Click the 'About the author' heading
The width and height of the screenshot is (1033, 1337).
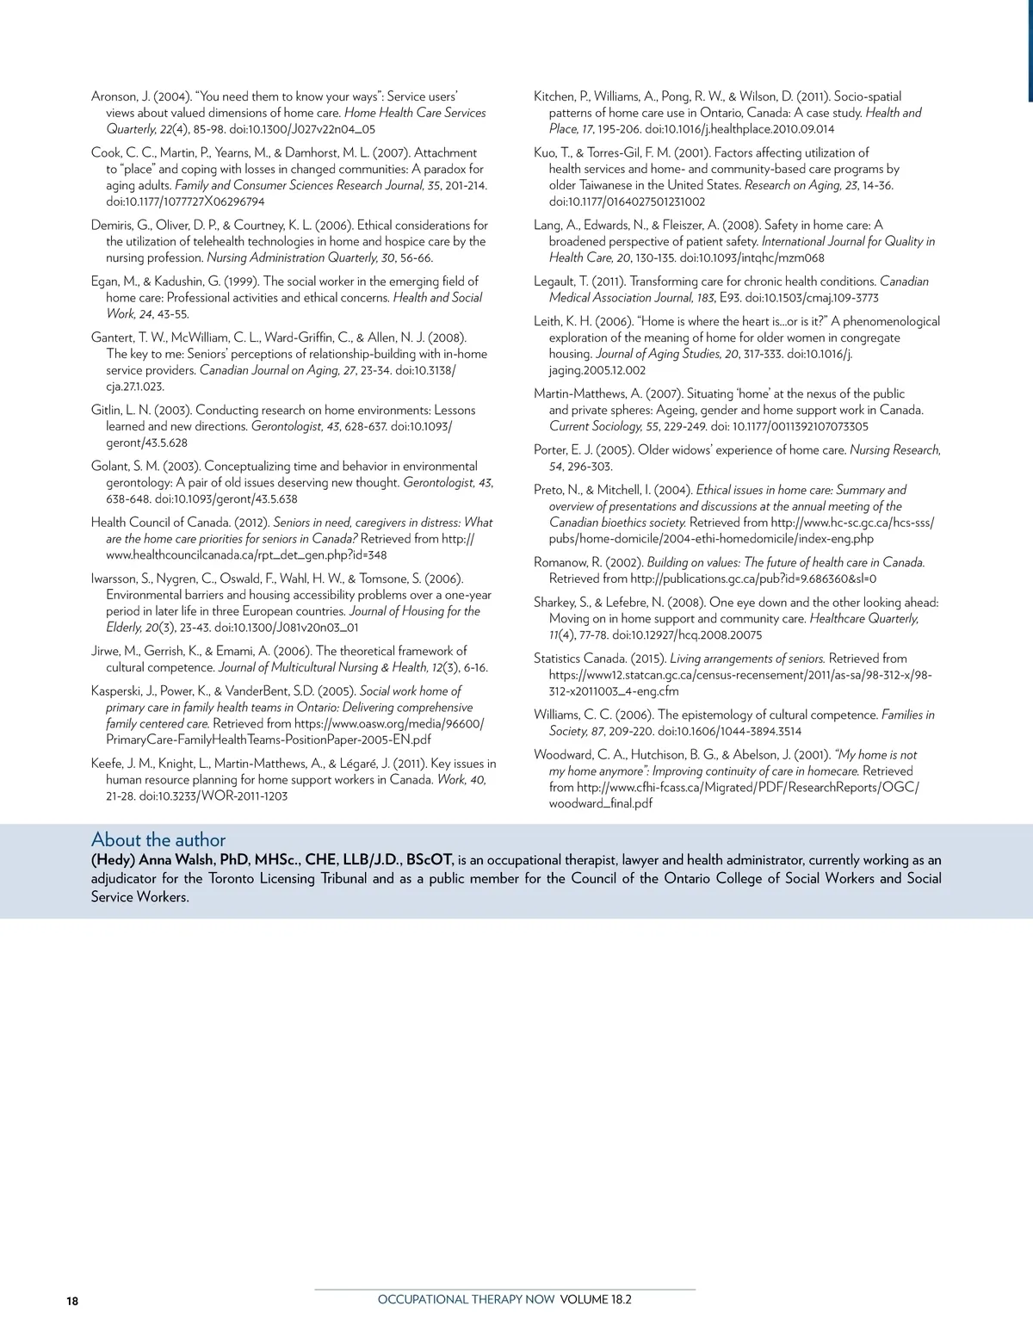click(158, 839)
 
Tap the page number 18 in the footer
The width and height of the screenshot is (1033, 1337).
click(71, 1301)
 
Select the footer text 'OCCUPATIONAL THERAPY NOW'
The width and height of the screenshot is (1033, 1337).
click(466, 1299)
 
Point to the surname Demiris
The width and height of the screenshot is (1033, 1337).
click(114, 226)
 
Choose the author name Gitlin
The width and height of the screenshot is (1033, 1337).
click(108, 410)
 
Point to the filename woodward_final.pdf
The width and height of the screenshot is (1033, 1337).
click(601, 804)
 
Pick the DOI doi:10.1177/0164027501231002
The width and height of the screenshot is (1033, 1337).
click(627, 201)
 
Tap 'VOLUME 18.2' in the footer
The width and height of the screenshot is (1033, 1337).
click(596, 1299)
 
